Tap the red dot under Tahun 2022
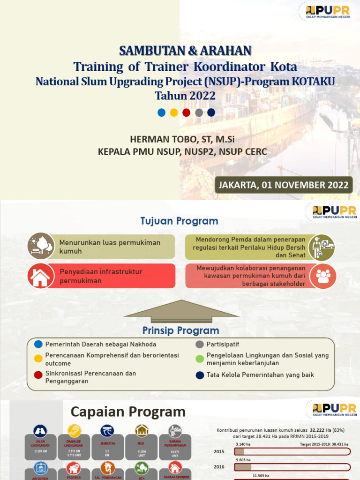[186, 112]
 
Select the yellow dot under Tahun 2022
[174, 112]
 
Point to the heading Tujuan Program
[179, 221]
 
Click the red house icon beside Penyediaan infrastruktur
[40, 276]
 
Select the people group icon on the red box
[323, 276]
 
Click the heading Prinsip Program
[180, 330]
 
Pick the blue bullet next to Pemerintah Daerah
[38, 345]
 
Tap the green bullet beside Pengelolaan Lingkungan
[200, 359]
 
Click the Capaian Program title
[128, 412]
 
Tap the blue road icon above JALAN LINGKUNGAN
[40, 431]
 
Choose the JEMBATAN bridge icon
[107, 431]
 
